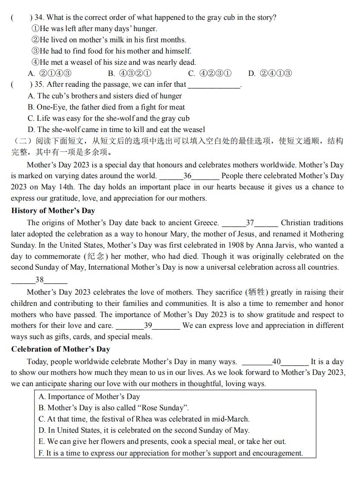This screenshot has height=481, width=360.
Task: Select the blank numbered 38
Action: coord(39,280)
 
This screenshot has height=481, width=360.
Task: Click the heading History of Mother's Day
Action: coord(53,211)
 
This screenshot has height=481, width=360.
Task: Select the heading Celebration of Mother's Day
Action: coord(60,349)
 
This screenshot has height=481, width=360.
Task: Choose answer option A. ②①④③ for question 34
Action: coord(50,73)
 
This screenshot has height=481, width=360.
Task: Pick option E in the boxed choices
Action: coord(162,442)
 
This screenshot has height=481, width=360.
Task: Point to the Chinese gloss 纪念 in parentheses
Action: coord(97,257)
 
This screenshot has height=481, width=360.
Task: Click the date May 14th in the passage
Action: coord(60,187)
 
